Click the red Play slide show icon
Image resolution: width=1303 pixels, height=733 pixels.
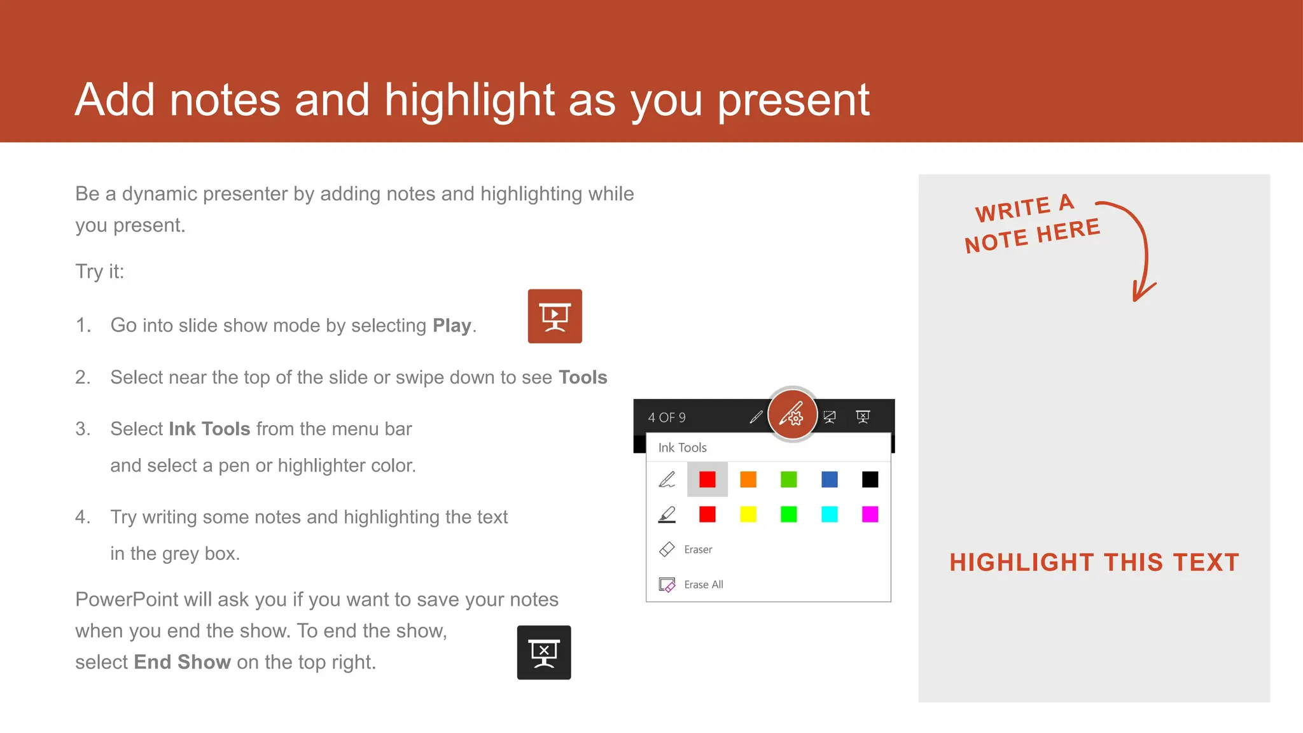coord(555,316)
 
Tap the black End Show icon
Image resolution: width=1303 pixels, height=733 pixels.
coord(544,652)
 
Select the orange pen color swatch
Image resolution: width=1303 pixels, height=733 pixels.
coord(748,479)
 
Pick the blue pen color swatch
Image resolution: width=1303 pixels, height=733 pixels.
coord(830,479)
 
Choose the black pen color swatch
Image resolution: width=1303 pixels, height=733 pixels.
coord(870,479)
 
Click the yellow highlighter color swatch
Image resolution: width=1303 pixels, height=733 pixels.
coord(748,514)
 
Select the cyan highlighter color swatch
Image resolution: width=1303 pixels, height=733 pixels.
coord(830,514)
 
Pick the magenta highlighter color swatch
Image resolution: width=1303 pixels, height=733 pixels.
coord(870,514)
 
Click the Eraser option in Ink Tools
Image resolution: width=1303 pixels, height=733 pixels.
coord(698,549)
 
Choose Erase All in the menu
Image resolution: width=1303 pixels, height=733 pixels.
coord(703,584)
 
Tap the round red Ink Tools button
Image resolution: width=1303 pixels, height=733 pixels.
coord(792,415)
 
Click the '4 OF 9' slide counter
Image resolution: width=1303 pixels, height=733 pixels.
coord(667,417)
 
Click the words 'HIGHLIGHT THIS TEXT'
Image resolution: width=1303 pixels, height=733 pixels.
coord(1094,562)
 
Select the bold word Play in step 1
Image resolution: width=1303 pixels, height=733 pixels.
coord(452,326)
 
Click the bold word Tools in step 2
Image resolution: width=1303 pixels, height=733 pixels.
coord(583,377)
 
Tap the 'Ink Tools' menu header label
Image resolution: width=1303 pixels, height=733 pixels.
coord(682,447)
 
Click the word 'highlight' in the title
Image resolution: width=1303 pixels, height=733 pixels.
coord(470,100)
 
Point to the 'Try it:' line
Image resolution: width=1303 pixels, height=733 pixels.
coord(100,272)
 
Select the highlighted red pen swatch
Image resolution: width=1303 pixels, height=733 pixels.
coord(707,479)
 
